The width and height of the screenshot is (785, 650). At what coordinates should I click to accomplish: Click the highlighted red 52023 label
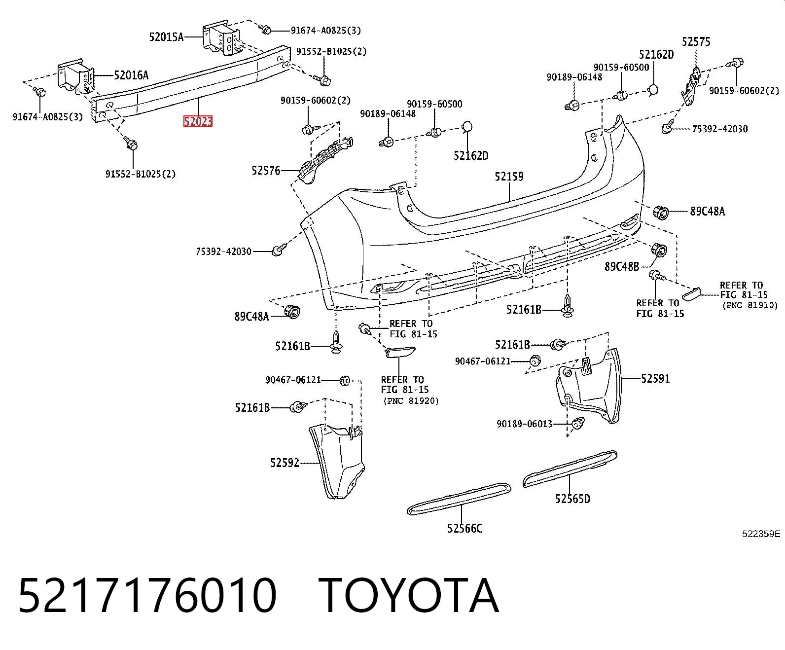[x=198, y=121]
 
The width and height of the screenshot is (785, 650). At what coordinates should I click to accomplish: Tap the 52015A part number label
[x=166, y=37]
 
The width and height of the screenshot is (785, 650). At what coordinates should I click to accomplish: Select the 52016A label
[x=131, y=75]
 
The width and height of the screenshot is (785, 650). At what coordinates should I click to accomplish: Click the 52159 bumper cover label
[x=509, y=177]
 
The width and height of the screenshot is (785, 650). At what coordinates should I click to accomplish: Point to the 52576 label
[x=266, y=171]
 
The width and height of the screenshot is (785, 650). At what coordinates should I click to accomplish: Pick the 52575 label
[x=696, y=42]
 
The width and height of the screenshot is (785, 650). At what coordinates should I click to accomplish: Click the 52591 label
[x=656, y=378]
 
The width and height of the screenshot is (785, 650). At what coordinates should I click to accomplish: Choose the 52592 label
[x=285, y=463]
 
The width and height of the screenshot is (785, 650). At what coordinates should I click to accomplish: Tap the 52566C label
[x=464, y=529]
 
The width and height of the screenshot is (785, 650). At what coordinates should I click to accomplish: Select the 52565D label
[x=572, y=499]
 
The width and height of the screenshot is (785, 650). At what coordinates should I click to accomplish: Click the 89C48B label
[x=622, y=267]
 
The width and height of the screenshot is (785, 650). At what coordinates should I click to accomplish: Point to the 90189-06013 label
[x=525, y=424]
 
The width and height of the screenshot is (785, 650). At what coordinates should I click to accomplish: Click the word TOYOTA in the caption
[x=409, y=596]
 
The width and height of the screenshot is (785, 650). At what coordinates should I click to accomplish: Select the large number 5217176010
[x=147, y=596]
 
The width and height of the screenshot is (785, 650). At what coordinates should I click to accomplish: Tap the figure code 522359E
[x=761, y=534]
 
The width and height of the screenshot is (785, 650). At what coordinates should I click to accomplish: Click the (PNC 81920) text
[x=411, y=401]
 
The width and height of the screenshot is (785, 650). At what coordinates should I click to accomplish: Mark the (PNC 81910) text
[x=749, y=305]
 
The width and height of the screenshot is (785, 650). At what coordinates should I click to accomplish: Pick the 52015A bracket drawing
[x=222, y=38]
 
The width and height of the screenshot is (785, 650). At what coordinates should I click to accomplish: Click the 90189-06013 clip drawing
[x=577, y=423]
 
